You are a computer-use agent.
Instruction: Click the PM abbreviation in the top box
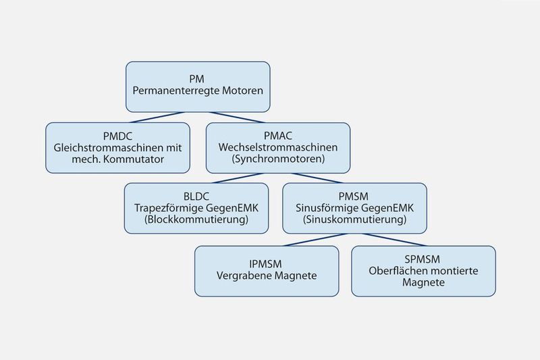pyautogui.click(x=198, y=76)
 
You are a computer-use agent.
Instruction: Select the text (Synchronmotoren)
pyautogui.click(x=277, y=160)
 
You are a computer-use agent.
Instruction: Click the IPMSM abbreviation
pyautogui.click(x=267, y=263)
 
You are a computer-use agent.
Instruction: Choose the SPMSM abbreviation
pyautogui.click(x=423, y=259)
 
